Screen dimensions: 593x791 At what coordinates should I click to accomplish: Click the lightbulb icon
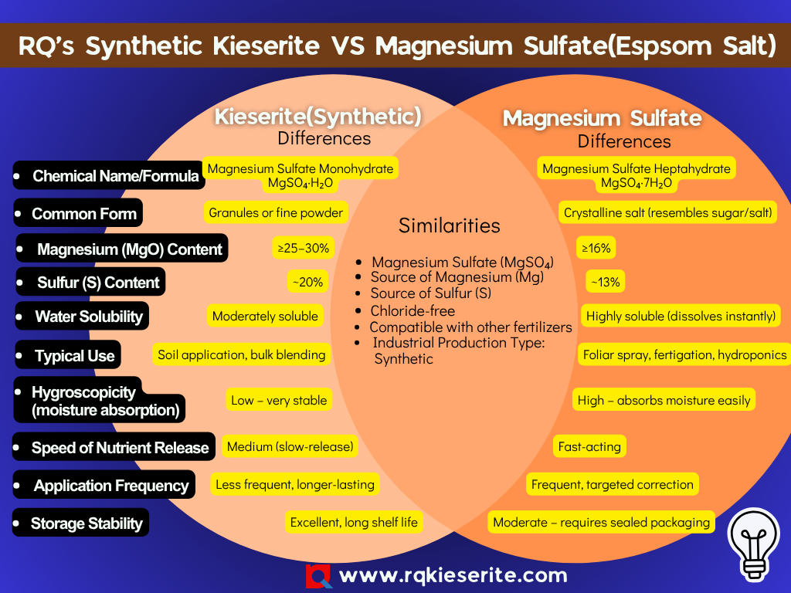click(x=753, y=543)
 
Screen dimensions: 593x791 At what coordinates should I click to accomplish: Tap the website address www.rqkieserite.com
click(x=453, y=575)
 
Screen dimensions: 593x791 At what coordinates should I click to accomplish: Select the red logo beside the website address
click(x=318, y=576)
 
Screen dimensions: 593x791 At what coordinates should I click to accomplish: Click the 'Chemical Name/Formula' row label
click(x=115, y=176)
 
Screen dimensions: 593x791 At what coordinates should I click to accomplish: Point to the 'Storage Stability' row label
click(x=87, y=524)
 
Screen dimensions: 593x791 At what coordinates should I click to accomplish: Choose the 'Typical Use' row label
click(x=74, y=356)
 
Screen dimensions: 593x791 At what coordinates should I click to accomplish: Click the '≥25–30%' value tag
click(x=304, y=249)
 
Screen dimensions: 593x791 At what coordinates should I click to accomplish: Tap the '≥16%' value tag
click(x=596, y=249)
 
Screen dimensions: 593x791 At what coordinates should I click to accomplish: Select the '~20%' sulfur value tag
click(x=307, y=283)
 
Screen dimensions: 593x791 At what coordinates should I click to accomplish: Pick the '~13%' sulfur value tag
click(x=605, y=283)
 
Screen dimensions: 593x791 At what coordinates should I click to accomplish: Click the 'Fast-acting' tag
click(x=589, y=446)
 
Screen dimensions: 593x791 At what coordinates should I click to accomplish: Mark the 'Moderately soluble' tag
click(x=265, y=316)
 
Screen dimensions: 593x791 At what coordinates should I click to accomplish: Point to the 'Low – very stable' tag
click(x=279, y=400)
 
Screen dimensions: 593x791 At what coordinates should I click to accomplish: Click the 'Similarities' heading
click(x=449, y=225)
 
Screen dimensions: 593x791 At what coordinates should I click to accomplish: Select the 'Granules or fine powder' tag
click(x=276, y=212)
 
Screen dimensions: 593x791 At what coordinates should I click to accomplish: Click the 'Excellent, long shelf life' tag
click(x=354, y=523)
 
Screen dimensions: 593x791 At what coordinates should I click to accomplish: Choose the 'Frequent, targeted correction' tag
click(x=613, y=485)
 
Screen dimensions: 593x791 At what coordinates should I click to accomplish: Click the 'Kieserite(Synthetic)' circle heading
click(x=317, y=117)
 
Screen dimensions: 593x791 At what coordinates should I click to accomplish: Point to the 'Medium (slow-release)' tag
click(x=290, y=446)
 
